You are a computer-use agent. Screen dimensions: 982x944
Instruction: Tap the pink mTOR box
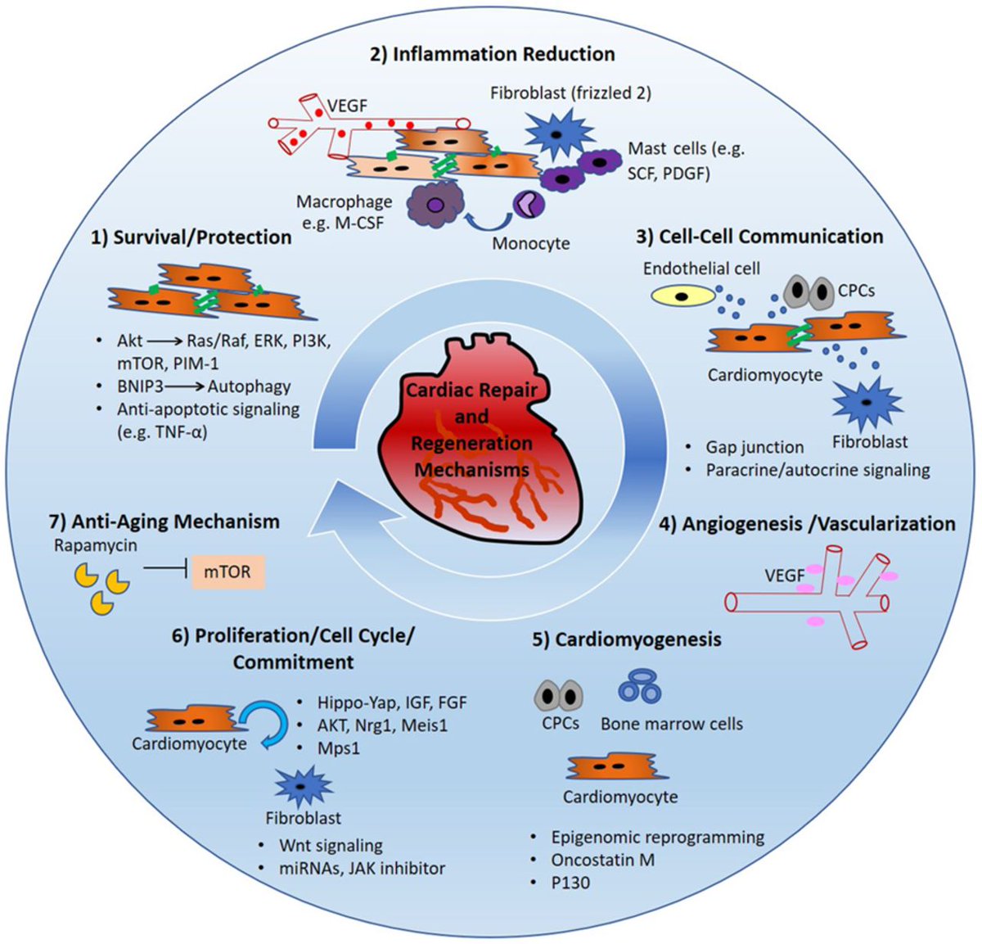pos(228,572)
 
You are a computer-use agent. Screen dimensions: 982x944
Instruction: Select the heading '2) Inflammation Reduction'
pos(493,54)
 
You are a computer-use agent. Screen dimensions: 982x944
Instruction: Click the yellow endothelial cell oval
pos(682,296)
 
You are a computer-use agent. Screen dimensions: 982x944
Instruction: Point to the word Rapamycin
pos(96,546)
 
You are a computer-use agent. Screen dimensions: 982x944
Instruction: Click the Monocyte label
pos(531,243)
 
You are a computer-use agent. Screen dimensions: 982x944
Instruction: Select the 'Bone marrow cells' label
pos(672,724)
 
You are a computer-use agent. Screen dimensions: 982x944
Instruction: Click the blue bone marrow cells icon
pos(640,687)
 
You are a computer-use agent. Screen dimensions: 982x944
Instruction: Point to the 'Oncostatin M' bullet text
pos(602,860)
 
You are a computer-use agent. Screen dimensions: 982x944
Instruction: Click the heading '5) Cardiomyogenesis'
pos(627,639)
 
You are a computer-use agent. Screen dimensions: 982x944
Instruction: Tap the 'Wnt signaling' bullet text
pos(331,846)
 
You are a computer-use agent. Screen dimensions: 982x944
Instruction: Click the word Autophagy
pos(249,386)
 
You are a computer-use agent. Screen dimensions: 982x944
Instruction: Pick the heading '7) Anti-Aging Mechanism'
pos(164,522)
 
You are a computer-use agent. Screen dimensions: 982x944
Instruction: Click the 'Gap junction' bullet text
pos(755,447)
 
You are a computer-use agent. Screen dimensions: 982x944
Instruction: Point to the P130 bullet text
pos(570,883)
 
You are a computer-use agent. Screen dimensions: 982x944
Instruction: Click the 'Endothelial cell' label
pos(701,269)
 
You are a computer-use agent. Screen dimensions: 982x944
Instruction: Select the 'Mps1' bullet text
pos(339,748)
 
